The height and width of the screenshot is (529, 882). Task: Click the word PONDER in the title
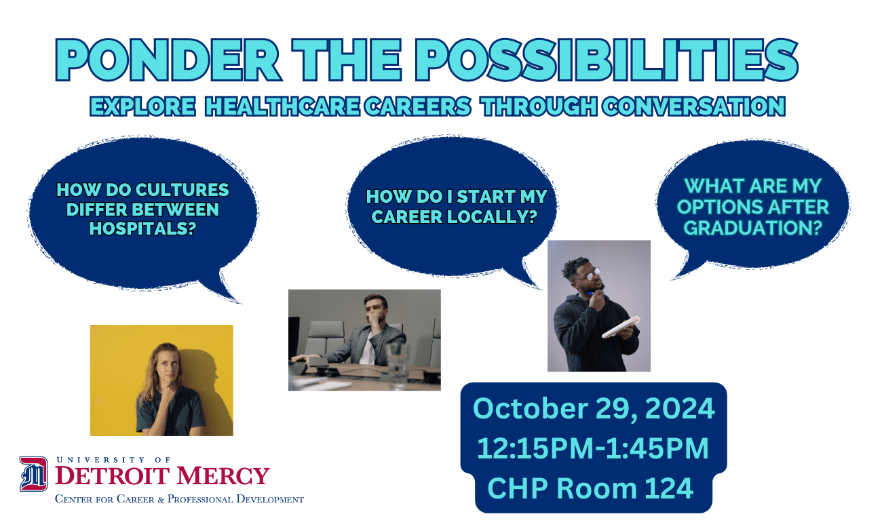(168, 60)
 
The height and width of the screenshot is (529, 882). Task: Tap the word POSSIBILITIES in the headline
(607, 60)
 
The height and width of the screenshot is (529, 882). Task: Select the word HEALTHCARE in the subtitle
(282, 106)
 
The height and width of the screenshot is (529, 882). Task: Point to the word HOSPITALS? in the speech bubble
(142, 229)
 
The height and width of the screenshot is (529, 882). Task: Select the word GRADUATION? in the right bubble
(753, 228)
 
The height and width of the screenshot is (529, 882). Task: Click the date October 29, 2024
(594, 408)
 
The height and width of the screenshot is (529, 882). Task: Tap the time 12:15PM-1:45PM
(593, 448)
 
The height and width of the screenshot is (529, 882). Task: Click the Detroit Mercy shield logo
(33, 474)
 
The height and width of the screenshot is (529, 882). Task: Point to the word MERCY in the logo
(223, 475)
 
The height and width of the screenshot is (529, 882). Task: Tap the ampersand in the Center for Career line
(160, 499)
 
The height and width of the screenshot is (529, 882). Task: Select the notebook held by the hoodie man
(621, 327)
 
